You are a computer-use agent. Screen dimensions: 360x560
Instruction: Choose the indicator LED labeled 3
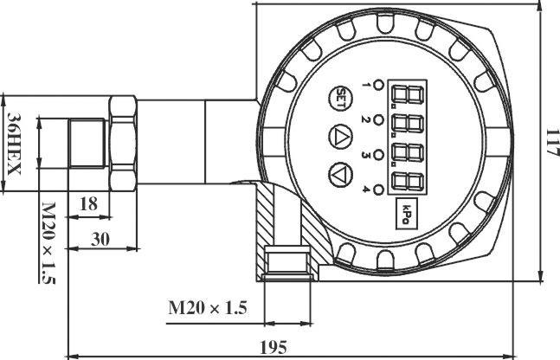(x=378, y=151)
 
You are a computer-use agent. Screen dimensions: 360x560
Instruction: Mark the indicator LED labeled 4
(x=378, y=186)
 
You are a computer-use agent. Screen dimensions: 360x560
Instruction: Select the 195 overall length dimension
(x=273, y=347)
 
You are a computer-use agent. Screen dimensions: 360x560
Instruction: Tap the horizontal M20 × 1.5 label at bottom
(x=207, y=307)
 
